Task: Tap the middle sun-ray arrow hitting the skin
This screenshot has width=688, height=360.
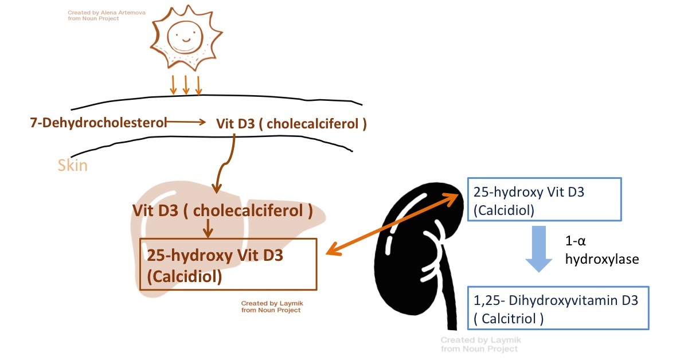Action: point(186,84)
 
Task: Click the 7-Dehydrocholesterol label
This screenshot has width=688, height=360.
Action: point(98,122)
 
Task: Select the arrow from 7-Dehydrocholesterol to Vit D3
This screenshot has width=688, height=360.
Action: point(186,122)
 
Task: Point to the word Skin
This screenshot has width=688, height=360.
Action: point(73,166)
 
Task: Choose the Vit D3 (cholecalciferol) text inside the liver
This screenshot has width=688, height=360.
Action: point(222,210)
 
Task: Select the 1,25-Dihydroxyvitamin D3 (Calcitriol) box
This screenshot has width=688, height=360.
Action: point(558,308)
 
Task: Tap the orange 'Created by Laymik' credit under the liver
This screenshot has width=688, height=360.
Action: point(271,307)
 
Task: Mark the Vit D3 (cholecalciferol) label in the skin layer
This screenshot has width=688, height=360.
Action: point(291,123)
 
